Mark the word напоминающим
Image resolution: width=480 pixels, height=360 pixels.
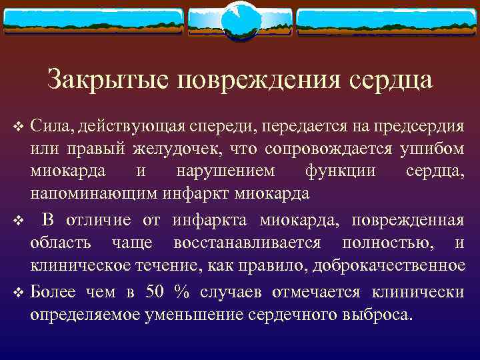94,194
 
